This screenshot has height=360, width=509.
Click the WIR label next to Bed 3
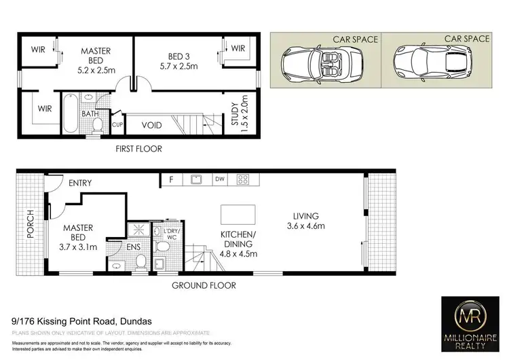pos(236,48)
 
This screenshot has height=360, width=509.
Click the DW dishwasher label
pos(219,180)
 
